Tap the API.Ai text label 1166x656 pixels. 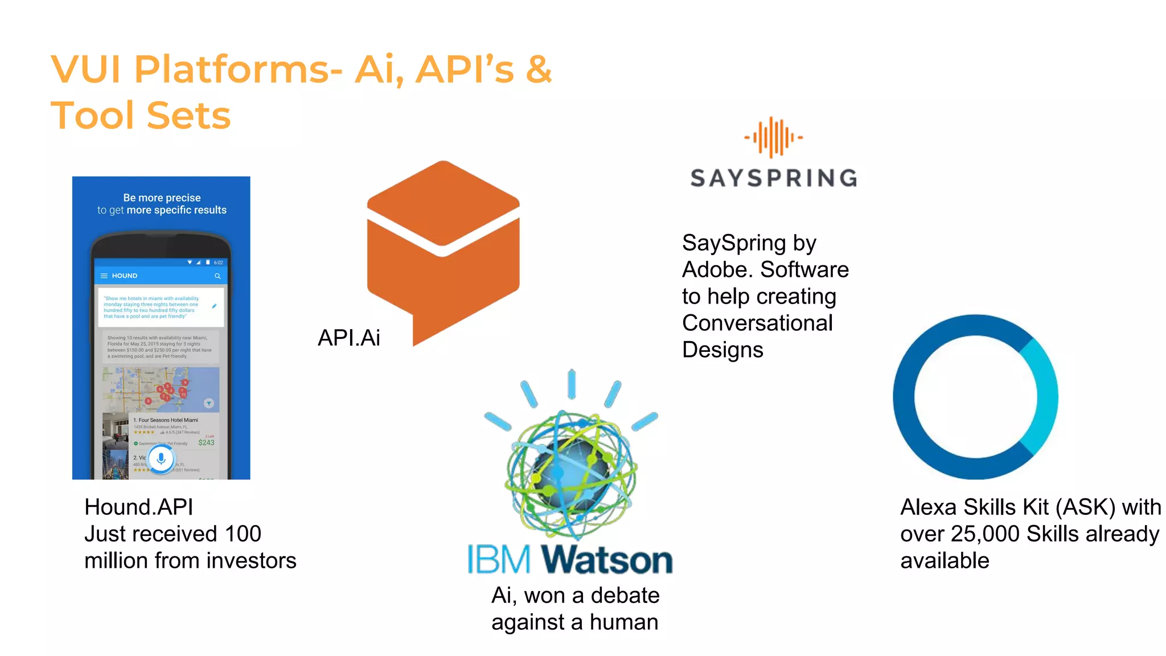(x=348, y=338)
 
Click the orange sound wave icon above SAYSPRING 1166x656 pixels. (x=773, y=137)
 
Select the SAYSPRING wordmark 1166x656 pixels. (x=774, y=178)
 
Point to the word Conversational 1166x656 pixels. (x=757, y=323)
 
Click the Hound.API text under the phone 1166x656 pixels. (x=138, y=507)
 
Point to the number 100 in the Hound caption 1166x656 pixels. (x=243, y=534)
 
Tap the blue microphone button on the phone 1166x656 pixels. (x=161, y=458)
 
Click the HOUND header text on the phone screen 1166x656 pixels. (x=125, y=276)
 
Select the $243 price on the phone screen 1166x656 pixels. (x=206, y=442)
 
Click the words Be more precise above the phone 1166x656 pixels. (x=162, y=198)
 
